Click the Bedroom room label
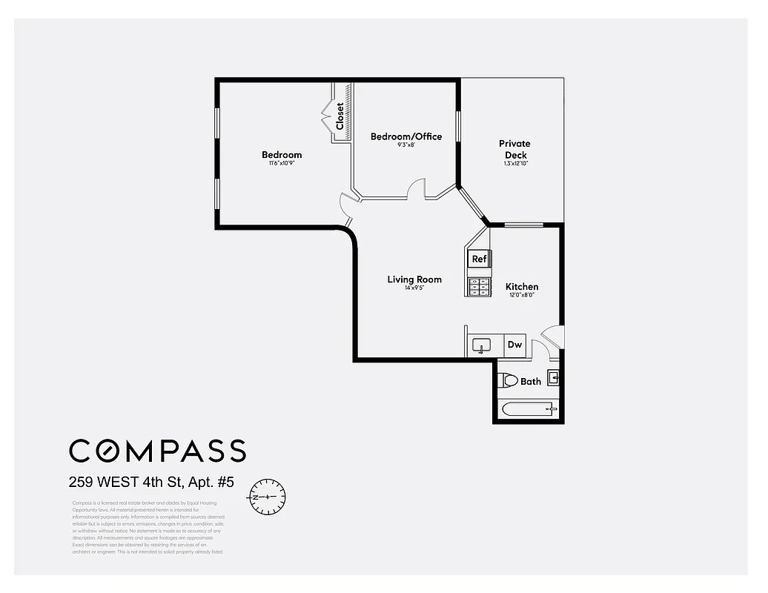click(x=282, y=155)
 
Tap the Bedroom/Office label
click(x=405, y=136)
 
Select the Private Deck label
click(x=514, y=149)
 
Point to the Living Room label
click(x=414, y=279)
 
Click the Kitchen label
click(x=522, y=287)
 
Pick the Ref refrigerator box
click(x=479, y=259)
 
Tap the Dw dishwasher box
click(x=514, y=345)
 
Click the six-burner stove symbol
click(x=479, y=287)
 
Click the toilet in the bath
click(x=507, y=381)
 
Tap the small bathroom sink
click(x=553, y=378)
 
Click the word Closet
click(x=340, y=116)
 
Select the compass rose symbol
click(x=268, y=495)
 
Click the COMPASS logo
click(x=157, y=450)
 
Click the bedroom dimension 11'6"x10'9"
click(x=282, y=164)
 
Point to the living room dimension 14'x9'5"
click(x=414, y=288)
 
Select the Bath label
click(x=531, y=382)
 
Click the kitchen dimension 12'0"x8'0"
click(x=522, y=296)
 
